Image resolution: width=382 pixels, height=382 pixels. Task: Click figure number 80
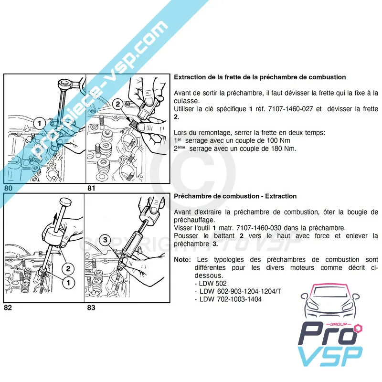(8, 188)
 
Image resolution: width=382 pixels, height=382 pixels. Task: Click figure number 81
(92, 188)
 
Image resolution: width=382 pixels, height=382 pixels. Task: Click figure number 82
(8, 308)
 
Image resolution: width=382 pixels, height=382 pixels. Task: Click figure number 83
(92, 308)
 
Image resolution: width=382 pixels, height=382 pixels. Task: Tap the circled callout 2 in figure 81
(117, 103)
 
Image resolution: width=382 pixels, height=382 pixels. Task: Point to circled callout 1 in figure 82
(68, 283)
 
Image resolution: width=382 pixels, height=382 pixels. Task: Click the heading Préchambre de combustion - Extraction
(235, 196)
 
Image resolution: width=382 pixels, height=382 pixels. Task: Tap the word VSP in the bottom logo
(330, 357)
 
